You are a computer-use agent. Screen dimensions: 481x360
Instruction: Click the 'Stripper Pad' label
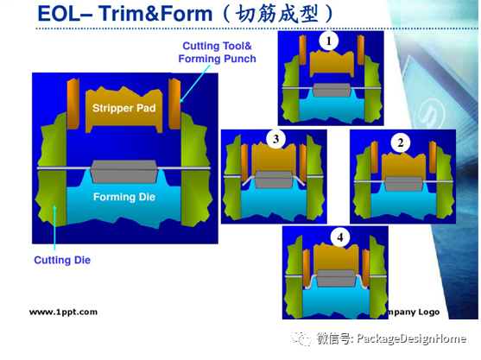[124, 108]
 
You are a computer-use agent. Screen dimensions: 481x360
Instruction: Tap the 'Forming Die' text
[124, 197]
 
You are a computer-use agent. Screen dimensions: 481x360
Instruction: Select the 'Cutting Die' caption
[62, 260]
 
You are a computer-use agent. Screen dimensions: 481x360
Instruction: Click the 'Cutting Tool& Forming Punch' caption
[218, 52]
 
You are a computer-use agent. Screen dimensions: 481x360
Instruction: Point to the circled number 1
[328, 41]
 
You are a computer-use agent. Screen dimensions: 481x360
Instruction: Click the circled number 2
[401, 142]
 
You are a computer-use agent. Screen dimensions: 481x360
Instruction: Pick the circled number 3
[275, 139]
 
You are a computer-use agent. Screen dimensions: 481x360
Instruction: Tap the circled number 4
[340, 237]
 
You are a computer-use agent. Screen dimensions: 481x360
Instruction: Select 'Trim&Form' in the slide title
[155, 14]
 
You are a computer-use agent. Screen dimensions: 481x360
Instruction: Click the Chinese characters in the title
[277, 14]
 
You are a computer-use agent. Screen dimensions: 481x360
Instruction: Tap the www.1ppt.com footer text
[64, 313]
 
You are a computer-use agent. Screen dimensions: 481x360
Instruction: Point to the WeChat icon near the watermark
[301, 338]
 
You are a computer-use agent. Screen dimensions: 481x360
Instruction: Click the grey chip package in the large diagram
[124, 172]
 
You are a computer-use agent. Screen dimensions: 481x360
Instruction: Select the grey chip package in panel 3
[274, 180]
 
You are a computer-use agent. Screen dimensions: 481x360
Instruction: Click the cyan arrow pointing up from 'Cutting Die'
[54, 228]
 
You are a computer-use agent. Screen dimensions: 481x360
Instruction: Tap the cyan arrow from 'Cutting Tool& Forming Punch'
[195, 84]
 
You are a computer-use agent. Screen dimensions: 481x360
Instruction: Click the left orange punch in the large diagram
[73, 104]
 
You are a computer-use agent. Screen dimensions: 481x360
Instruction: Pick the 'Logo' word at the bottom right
[429, 313]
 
